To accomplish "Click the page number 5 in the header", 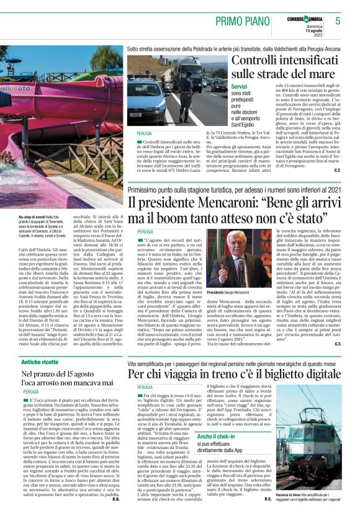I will tap(337, 20).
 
